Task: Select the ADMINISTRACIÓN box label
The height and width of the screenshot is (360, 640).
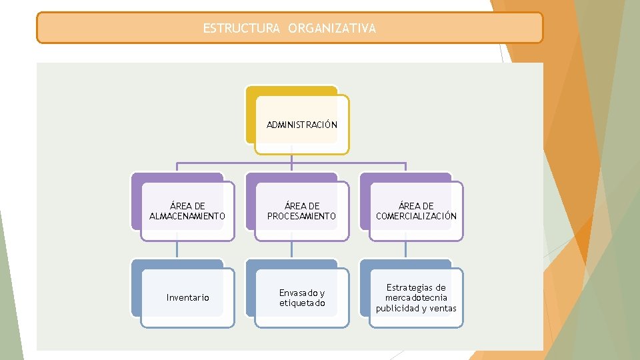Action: pos(302,125)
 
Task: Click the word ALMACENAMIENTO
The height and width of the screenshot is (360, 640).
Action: pos(187,216)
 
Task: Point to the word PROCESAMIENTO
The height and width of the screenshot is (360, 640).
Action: pos(302,216)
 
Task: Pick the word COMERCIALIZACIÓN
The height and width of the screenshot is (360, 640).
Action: pos(416,216)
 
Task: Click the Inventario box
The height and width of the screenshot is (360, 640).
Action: pos(187,297)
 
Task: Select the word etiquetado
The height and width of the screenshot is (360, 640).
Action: pos(302,303)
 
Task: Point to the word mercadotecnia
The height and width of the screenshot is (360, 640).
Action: pos(416,297)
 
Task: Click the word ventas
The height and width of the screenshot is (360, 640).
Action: pos(443,308)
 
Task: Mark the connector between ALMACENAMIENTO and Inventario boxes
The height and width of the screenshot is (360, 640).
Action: pos(177,249)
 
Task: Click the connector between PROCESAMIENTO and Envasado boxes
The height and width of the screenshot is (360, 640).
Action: pos(292,249)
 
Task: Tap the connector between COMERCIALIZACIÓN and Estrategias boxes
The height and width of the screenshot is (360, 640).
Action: pos(406,249)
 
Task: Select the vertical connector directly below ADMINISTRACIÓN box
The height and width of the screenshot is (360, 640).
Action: pos(292,158)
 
